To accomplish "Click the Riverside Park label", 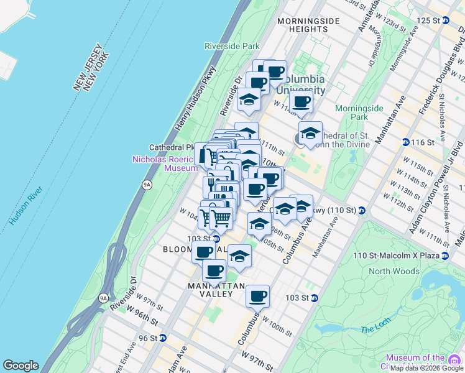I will point(232,46).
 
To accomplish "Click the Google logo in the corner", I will point(21,366).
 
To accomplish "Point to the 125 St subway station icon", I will point(445,21).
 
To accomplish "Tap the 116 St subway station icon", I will point(405,142).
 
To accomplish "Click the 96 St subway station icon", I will point(162,338).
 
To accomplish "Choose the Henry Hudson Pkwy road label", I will point(196,98).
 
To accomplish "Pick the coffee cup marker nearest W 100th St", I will point(257,296).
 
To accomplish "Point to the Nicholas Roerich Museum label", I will point(165,163).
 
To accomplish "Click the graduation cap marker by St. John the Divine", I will point(310,133).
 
